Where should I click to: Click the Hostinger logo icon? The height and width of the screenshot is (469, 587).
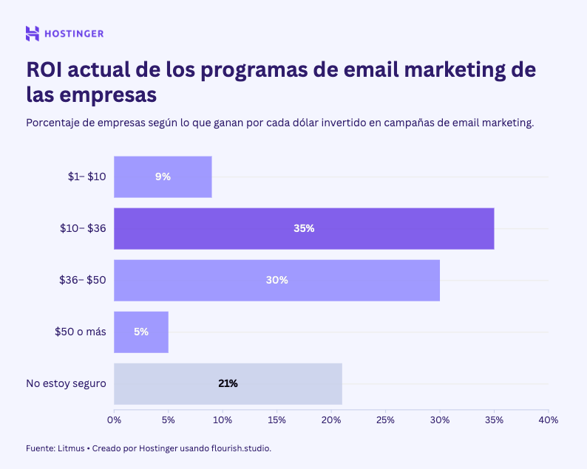point(33,33)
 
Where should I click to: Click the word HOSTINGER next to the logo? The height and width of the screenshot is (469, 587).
point(74,33)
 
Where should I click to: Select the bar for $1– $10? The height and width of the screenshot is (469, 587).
point(163,177)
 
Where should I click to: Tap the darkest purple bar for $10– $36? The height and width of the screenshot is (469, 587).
point(304,228)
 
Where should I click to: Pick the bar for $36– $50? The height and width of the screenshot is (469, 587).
point(276,280)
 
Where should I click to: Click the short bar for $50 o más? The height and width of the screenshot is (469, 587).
point(141,332)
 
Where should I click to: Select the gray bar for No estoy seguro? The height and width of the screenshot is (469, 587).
point(228,383)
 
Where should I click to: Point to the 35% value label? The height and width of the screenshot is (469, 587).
point(304,228)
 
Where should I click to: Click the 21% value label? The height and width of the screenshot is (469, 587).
point(228,383)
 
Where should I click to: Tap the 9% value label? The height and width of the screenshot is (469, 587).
point(163,177)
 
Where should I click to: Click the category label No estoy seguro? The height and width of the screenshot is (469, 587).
point(66,383)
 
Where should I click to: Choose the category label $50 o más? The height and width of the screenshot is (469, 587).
point(80,332)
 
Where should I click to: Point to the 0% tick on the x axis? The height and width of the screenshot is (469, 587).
point(114,420)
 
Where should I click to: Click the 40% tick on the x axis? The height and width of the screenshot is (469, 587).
point(548,420)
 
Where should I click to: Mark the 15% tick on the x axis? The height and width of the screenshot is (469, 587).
point(276,420)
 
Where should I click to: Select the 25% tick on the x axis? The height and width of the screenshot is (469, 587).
point(385,420)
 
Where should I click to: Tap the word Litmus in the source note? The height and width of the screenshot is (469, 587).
point(72,448)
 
